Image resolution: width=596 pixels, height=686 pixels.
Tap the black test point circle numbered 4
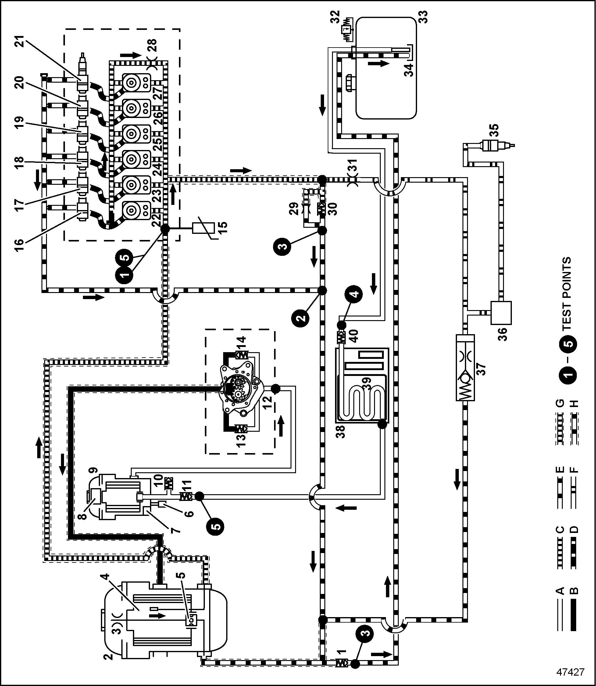point(355,294)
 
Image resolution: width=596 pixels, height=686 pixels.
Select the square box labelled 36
point(501,313)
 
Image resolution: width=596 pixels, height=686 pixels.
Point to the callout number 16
point(19,245)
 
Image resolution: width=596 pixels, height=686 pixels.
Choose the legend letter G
point(560,403)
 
